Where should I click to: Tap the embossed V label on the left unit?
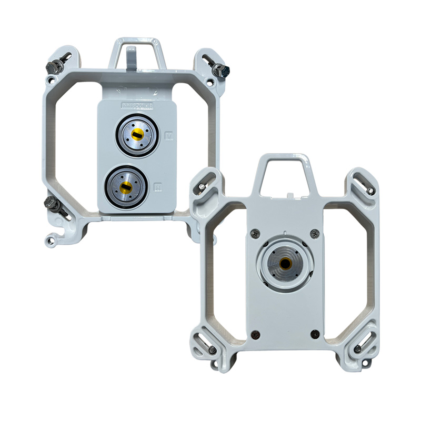click(x=169, y=135)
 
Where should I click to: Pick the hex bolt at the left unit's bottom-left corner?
click(x=52, y=202)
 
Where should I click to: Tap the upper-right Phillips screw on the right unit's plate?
click(x=315, y=234)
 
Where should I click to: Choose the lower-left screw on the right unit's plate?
click(x=256, y=333)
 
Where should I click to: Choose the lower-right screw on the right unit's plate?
click(x=315, y=333)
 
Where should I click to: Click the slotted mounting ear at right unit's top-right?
click(x=363, y=184)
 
